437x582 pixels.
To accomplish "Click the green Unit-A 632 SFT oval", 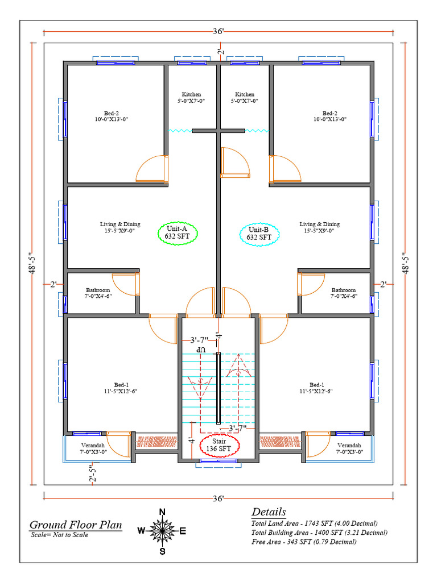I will point(176,233).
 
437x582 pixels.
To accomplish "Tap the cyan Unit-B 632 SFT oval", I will point(259,233).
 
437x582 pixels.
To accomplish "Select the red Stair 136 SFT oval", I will point(220,445).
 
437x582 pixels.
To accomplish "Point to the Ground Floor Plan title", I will point(76,525).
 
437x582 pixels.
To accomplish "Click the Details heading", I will point(269,512).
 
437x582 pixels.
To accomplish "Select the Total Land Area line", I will point(314,523).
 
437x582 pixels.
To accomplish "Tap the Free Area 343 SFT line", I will point(304,542).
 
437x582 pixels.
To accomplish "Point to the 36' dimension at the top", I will point(218,32).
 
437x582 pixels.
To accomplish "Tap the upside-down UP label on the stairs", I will point(200,351).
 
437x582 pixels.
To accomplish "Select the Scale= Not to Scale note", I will point(59,535).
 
